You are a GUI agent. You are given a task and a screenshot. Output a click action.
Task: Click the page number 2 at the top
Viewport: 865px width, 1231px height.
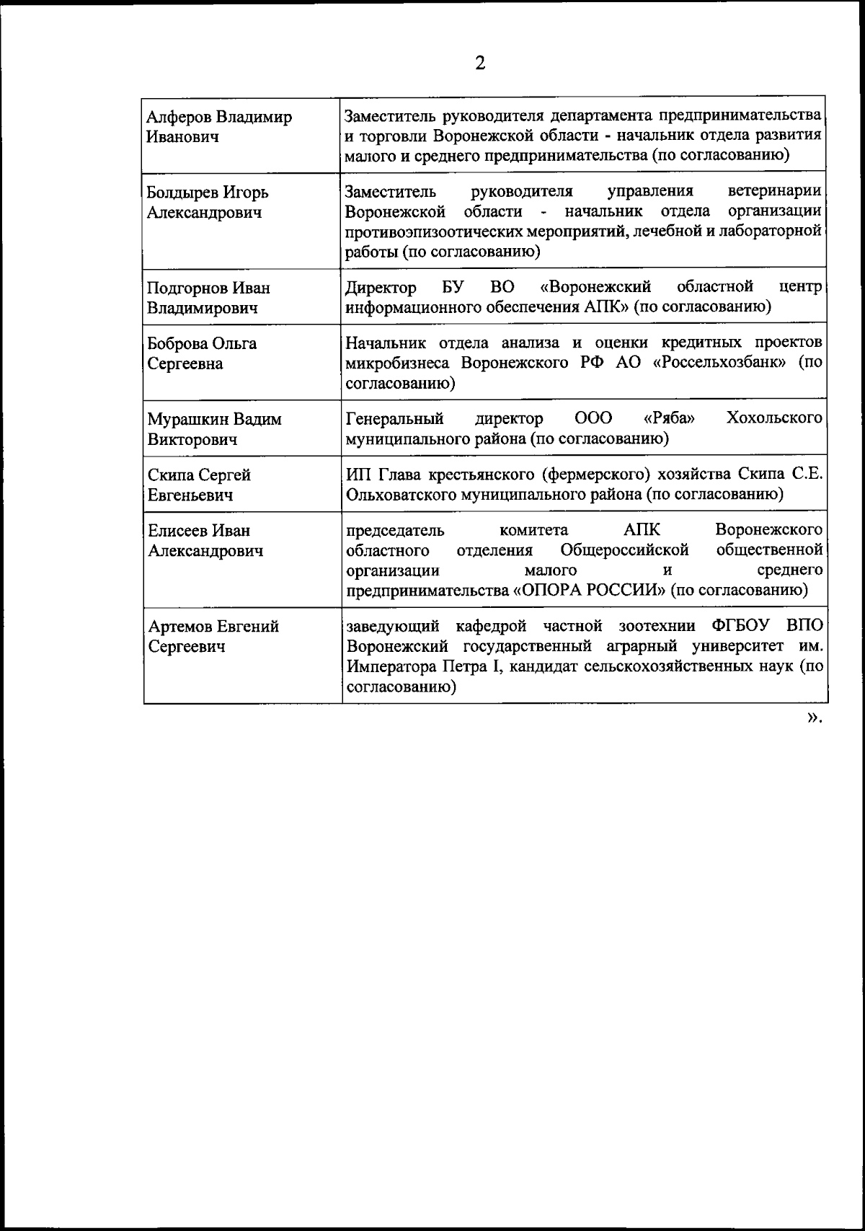pos(479,63)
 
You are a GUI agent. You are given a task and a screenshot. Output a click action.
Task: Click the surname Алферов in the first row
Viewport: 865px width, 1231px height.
pos(179,117)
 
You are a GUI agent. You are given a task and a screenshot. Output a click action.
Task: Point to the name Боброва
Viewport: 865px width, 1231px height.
pos(177,343)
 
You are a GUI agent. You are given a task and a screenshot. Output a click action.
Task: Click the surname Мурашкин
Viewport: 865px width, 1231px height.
pos(187,419)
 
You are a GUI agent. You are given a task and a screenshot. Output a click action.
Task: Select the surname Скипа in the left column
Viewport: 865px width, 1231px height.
pos(171,475)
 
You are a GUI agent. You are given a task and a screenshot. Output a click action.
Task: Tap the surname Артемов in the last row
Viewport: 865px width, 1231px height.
pos(181,627)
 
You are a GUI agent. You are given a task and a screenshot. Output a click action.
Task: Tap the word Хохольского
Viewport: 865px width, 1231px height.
pos(775,418)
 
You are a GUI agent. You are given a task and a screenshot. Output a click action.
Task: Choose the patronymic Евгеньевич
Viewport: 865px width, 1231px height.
pos(190,495)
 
